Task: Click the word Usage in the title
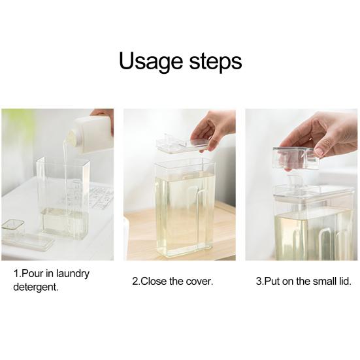click(x=151, y=61)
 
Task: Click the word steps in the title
click(x=216, y=61)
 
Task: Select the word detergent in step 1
click(x=35, y=287)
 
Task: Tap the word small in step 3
click(x=323, y=281)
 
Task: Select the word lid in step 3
click(x=345, y=281)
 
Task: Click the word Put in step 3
click(x=272, y=281)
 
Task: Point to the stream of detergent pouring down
click(x=66, y=177)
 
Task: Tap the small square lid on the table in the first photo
click(x=13, y=225)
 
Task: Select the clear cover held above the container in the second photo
click(x=182, y=143)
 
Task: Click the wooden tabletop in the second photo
click(x=138, y=234)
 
